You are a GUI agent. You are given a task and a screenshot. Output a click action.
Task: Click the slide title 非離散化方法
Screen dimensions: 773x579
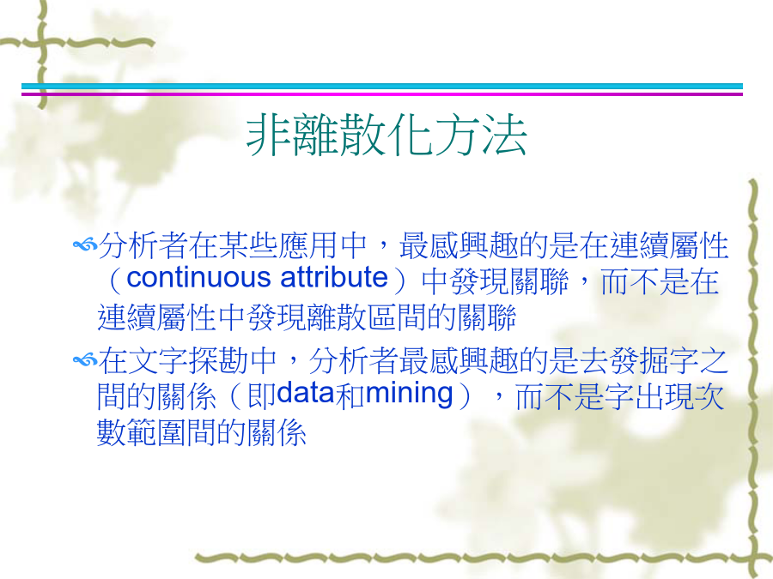tap(386, 135)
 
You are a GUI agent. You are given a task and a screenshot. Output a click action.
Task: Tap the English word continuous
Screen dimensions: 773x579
tap(198, 278)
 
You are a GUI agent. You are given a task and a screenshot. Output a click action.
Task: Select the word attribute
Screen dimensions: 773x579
tap(334, 278)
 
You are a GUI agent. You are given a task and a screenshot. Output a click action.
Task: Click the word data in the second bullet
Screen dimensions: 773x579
tap(306, 394)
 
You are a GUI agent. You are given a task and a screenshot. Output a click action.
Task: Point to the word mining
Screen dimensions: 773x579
tap(409, 395)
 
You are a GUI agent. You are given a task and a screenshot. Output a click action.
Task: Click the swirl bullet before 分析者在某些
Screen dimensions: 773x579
tap(85, 244)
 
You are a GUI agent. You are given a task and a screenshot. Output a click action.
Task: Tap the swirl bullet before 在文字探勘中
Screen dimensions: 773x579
tap(85, 361)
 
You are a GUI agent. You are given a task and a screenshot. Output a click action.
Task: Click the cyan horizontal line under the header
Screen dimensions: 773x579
tap(382, 86)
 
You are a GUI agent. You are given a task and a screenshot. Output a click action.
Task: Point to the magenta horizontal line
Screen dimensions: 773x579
tap(382, 93)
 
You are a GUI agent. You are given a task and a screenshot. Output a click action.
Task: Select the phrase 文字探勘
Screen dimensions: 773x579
tap(187, 360)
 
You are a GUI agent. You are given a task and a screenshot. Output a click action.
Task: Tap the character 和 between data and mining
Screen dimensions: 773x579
tap(350, 395)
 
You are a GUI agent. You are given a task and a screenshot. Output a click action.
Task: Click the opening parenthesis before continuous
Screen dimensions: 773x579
tap(115, 280)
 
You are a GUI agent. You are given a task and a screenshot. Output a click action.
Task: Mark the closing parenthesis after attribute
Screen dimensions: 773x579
tap(400, 280)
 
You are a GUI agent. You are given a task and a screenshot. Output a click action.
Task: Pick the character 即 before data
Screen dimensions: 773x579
tap(262, 395)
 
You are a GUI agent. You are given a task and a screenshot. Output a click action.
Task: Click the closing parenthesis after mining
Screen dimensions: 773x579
tap(465, 395)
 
